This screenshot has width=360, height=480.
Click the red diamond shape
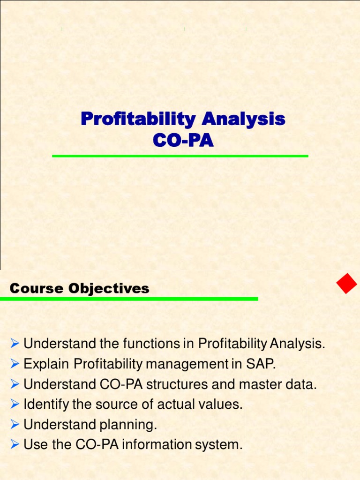(347, 283)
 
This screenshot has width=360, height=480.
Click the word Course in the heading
(37, 288)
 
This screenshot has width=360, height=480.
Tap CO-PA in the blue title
(183, 140)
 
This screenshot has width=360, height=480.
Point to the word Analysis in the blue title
(243, 119)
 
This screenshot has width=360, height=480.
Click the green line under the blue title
(180, 156)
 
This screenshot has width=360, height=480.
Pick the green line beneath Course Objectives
(129, 299)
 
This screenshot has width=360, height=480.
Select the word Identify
(46, 405)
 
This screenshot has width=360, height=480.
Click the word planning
(128, 425)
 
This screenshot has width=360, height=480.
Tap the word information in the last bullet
(157, 445)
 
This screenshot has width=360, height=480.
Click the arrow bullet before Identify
(15, 404)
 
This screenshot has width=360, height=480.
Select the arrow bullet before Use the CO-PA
(15, 444)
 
